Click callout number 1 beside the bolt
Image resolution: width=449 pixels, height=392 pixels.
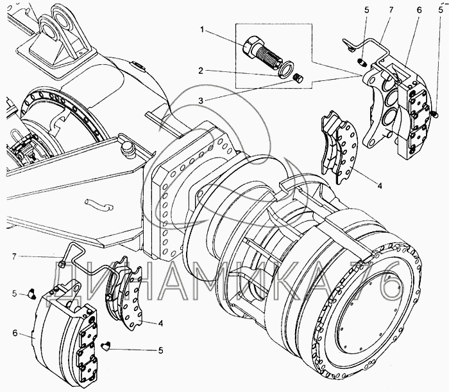pyautogui.click(x=203, y=30)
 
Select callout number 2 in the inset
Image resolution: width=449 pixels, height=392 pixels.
pyautogui.click(x=203, y=71)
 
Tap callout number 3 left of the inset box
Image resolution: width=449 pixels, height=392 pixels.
pyautogui.click(x=203, y=100)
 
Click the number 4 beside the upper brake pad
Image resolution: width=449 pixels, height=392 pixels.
pyautogui.click(x=380, y=186)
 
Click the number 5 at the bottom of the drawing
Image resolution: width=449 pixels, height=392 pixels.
pyautogui.click(x=161, y=350)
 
